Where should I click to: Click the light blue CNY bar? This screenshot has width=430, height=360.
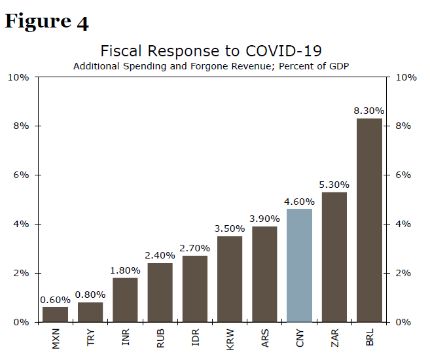[x=299, y=265]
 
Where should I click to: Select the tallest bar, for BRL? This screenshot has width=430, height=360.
[x=369, y=220]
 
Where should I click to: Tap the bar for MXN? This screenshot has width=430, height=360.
[x=55, y=314]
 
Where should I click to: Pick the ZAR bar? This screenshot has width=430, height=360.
[x=334, y=257]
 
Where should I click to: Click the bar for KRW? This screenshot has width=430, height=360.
[x=229, y=279]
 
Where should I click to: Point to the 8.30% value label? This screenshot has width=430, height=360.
[x=369, y=111]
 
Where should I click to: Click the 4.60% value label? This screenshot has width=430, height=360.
[x=299, y=201]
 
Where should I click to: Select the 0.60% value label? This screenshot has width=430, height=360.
[x=55, y=300]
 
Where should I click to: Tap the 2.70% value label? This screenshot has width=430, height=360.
[x=194, y=248]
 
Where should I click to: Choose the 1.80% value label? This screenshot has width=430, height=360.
[x=125, y=270]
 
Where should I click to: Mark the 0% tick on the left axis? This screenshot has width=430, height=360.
[x=21, y=322]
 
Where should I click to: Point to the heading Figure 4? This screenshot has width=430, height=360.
[x=46, y=22]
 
